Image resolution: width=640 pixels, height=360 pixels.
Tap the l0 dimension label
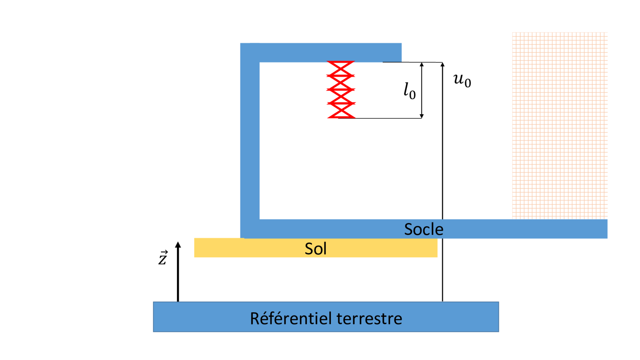(409, 91)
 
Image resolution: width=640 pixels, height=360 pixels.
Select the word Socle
(424, 229)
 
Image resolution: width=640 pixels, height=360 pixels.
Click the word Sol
(315, 249)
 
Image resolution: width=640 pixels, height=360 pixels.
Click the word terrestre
(369, 318)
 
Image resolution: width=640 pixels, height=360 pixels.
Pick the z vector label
(163, 258)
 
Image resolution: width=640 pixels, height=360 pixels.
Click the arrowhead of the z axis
(178, 244)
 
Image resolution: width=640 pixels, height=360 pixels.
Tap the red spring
(341, 90)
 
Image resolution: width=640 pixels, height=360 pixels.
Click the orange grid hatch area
(559, 126)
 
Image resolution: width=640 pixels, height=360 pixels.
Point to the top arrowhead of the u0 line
(443, 64)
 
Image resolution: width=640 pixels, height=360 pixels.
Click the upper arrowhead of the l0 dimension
(422, 64)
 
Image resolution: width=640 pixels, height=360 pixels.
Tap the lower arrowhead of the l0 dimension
(422, 116)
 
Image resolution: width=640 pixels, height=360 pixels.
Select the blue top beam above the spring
(321, 52)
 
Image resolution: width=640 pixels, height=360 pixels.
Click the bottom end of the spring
(341, 117)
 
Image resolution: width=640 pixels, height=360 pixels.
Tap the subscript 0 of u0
(468, 83)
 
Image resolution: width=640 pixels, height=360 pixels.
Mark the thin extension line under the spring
(386, 118)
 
